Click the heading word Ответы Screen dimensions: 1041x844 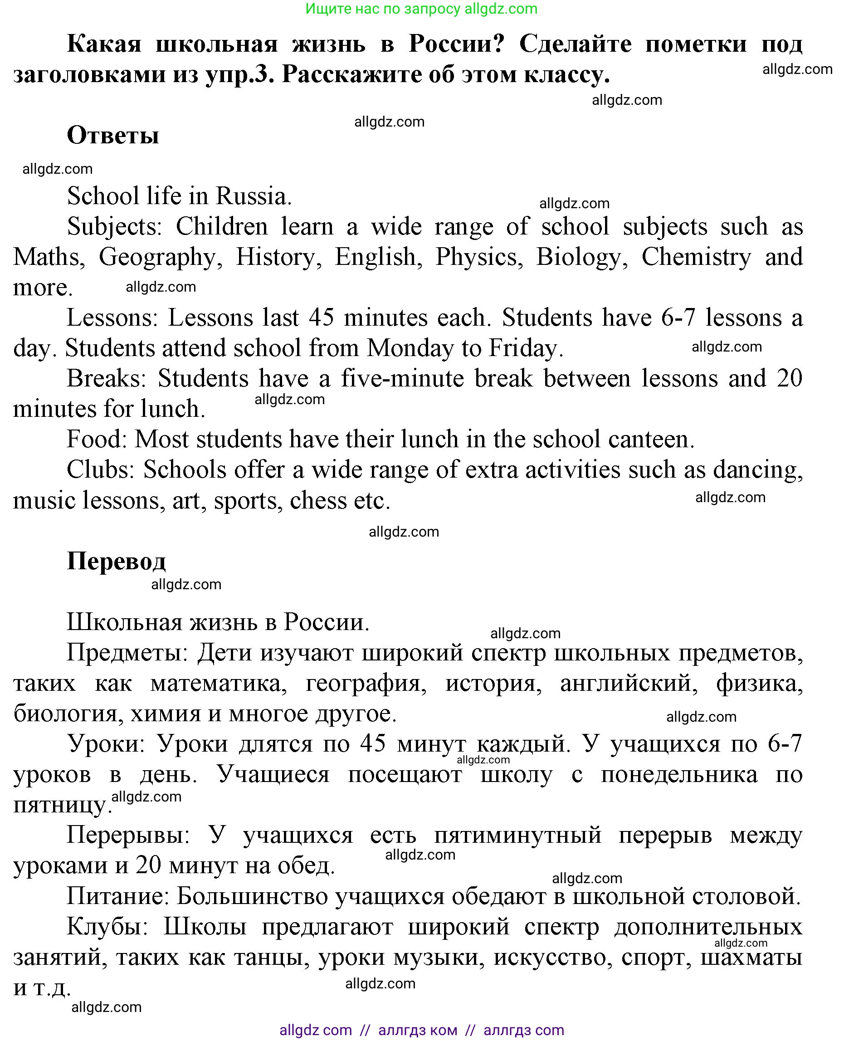coord(113,135)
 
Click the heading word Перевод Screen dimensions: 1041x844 coord(116,561)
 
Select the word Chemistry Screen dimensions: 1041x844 coord(696,257)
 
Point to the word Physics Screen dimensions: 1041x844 coord(479,257)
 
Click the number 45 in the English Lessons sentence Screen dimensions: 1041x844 coord(322,318)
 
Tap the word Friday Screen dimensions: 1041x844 coord(525,348)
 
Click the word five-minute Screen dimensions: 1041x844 coord(402,378)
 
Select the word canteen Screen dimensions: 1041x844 coord(651,439)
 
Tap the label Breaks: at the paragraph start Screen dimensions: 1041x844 coord(107,378)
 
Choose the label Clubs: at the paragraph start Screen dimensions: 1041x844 coord(101,469)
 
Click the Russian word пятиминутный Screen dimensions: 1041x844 coord(518,836)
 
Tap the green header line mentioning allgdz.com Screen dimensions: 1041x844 coord(421,9)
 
